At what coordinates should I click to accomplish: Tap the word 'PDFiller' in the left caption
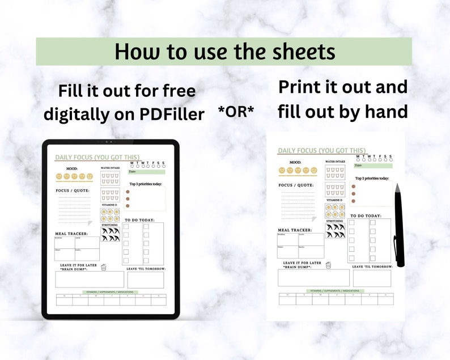(172, 114)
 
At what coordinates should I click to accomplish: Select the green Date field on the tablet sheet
(146, 172)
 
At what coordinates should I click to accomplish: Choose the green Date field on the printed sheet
(373, 166)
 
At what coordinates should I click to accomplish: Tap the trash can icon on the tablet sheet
(103, 268)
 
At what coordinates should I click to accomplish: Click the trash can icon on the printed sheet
(328, 265)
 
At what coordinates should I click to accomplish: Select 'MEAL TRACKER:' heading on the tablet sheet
(72, 233)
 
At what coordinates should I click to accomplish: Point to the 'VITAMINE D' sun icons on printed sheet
(335, 210)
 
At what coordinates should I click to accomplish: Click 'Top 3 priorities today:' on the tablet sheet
(146, 184)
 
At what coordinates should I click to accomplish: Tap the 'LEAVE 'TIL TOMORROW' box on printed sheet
(372, 278)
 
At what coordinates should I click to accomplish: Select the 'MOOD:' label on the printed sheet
(295, 162)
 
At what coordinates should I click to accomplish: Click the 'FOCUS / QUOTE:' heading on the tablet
(73, 190)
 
